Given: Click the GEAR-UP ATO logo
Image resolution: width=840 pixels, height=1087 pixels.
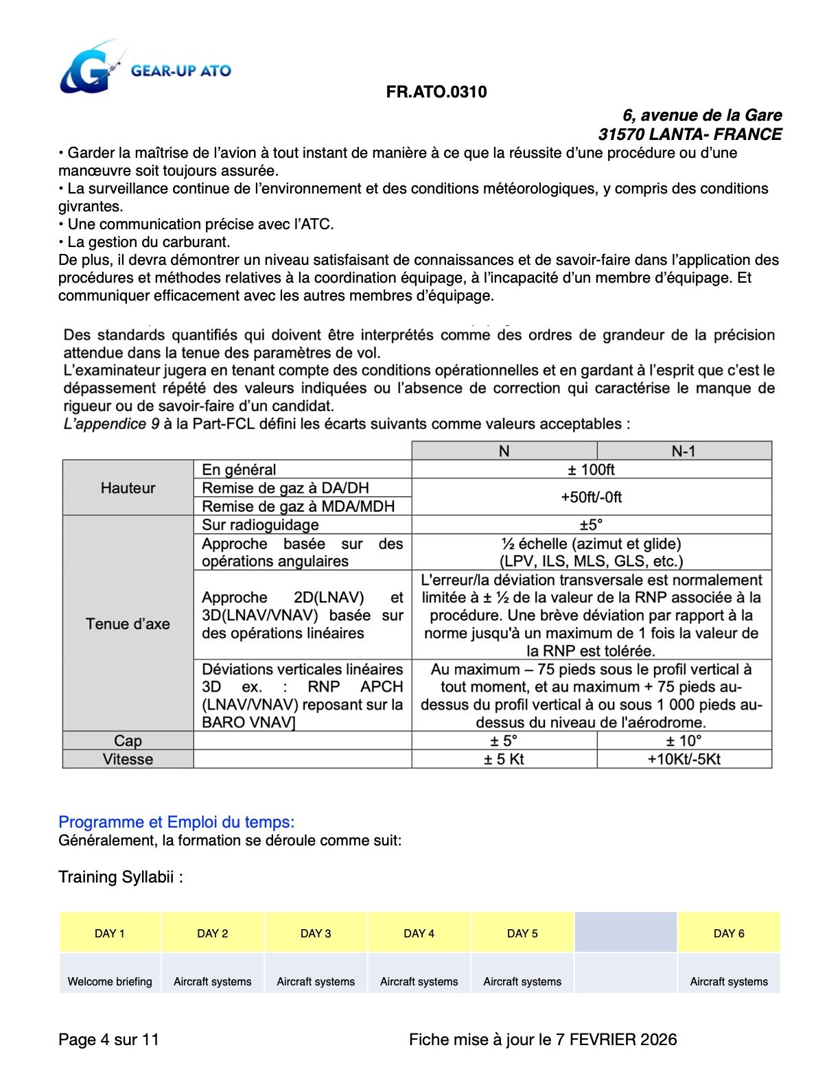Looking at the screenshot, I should click(145, 69).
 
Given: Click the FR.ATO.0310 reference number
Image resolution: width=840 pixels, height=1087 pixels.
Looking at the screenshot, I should click(436, 92).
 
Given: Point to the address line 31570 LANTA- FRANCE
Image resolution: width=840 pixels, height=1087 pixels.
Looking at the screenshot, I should click(690, 135).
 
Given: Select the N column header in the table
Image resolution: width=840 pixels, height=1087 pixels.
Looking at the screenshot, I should click(504, 451).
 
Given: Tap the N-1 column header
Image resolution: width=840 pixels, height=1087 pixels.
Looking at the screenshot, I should click(684, 451).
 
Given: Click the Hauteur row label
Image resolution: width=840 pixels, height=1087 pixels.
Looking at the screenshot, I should click(128, 488).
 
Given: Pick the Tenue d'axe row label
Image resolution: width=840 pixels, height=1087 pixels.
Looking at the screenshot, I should click(128, 624).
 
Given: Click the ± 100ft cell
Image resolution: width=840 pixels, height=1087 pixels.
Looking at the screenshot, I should click(591, 469).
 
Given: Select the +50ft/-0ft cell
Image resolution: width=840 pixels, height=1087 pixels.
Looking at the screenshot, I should click(591, 497).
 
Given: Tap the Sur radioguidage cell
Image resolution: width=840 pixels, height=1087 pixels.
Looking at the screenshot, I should click(261, 525).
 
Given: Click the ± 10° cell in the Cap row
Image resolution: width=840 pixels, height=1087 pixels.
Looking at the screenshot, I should click(684, 741).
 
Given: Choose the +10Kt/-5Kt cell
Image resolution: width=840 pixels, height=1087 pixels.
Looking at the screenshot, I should click(684, 759).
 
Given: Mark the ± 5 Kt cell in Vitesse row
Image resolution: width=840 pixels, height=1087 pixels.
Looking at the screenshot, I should click(504, 759).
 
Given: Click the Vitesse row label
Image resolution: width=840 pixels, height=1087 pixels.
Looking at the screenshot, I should click(128, 759).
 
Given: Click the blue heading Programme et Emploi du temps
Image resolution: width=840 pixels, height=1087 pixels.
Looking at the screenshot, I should click(176, 822).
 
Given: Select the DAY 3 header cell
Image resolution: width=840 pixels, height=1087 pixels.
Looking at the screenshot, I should click(316, 933).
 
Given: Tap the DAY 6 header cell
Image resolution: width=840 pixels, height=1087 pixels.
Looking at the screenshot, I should click(729, 933).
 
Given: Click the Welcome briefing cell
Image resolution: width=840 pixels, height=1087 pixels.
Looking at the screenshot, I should click(110, 981).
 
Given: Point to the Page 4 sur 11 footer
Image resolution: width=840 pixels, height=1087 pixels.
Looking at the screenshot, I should click(108, 1040).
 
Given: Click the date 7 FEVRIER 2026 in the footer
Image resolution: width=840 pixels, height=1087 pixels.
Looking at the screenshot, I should click(616, 1040).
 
